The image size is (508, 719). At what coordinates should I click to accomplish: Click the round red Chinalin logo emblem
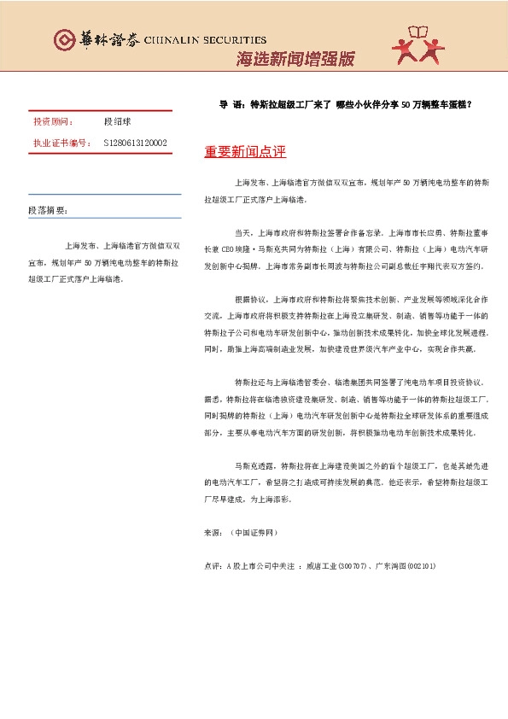coord(64,39)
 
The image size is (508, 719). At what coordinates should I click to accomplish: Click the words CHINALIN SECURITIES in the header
coord(205,40)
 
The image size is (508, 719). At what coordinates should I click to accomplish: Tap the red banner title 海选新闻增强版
coord(294,59)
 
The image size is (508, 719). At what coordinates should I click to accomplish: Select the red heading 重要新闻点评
coord(245,152)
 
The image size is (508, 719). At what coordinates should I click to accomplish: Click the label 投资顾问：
coord(50,122)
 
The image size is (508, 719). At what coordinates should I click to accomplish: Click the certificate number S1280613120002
coord(135,143)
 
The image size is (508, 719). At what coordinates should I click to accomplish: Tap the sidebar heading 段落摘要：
coord(48,210)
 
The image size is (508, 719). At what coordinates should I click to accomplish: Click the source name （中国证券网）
coord(254,532)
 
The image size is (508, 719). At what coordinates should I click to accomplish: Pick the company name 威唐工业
coord(320,565)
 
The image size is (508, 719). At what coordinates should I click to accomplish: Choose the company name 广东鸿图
coord(388,565)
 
